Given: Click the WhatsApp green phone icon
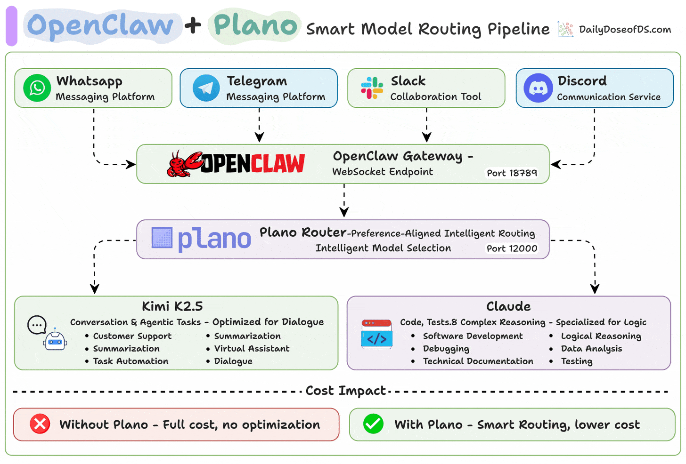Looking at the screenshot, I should point(37,88).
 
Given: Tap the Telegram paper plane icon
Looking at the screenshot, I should point(206,88).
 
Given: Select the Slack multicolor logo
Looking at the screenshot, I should point(372,88).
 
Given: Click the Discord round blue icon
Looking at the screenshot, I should point(538,88).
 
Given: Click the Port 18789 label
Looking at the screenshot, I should point(512,173).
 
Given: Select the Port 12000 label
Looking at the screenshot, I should point(512,248).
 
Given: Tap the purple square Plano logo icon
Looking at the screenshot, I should point(162,238).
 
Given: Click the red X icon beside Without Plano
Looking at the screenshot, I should point(40,424).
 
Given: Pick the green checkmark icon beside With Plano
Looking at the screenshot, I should point(373,424).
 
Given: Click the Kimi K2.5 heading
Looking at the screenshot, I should point(172,306).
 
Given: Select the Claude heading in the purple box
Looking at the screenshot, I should point(508,306).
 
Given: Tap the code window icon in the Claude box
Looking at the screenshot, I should point(377,335).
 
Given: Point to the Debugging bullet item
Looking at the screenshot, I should point(446,349).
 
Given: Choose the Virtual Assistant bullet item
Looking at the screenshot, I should point(252,349).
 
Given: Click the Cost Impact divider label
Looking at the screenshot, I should point(345,391).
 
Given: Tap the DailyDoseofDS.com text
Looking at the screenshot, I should point(625,30).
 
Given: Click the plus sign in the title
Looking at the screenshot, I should point(193,25).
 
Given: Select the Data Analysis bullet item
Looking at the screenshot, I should point(591,349).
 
